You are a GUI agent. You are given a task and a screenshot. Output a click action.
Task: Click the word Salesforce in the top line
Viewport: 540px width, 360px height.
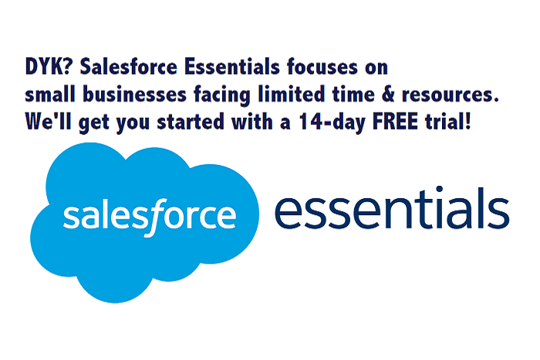pos(129,66)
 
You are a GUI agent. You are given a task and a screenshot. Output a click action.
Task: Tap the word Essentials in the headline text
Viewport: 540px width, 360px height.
pos(231,66)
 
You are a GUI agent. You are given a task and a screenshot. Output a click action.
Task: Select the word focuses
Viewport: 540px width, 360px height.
pos(322,67)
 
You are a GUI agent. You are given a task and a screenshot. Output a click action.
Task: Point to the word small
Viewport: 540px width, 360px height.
pos(50,94)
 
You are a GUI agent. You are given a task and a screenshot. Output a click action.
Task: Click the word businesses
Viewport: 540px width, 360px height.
pos(135,94)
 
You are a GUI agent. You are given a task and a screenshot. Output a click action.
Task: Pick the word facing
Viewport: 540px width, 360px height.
pos(222,95)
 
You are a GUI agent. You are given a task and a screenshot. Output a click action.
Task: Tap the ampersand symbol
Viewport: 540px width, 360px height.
pos(388,94)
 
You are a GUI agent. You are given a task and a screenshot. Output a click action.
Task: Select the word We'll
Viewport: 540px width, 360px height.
pos(48,121)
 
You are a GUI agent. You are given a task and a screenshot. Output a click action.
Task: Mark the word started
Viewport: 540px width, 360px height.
pos(191,122)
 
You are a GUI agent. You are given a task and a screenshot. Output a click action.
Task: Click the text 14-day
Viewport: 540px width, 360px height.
pos(332,122)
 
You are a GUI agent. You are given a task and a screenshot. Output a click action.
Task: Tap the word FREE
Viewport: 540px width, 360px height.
pos(395,122)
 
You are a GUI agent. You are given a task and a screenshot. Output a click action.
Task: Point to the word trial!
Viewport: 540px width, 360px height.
pos(447,121)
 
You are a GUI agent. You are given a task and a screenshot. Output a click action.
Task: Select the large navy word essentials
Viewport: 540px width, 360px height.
pos(392,208)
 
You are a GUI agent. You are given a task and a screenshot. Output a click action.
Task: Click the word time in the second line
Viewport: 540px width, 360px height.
pos(353,94)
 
